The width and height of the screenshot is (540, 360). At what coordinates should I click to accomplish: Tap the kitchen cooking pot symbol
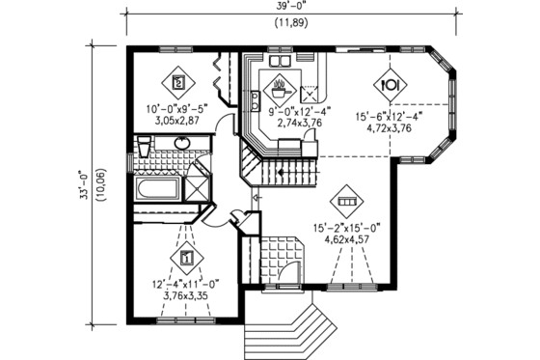click(281, 84)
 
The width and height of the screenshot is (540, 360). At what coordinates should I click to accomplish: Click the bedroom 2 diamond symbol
click(178, 82)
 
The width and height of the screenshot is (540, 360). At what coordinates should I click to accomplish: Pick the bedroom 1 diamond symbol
click(185, 258)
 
